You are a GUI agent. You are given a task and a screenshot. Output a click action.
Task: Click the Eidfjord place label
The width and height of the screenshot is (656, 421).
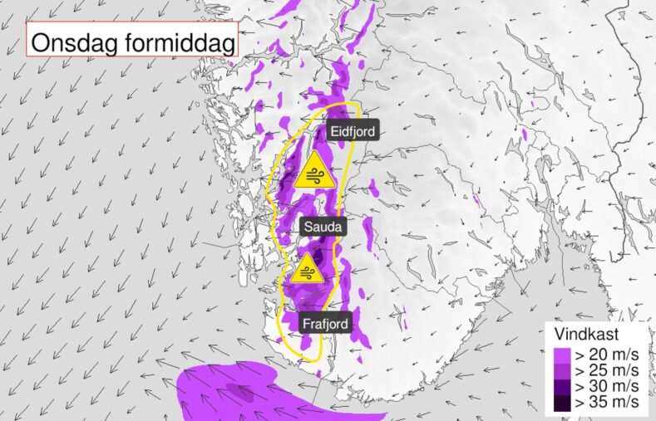coord(353,131)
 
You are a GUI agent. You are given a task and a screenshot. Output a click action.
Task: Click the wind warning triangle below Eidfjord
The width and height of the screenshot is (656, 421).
coord(314,172)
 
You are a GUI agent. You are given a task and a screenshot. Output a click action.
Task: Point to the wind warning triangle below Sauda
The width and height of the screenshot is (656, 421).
coord(308,272)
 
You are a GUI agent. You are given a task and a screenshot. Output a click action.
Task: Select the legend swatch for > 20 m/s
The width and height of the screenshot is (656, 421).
coord(560,355)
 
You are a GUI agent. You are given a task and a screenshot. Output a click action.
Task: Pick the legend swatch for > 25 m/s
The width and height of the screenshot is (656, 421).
coord(560,370)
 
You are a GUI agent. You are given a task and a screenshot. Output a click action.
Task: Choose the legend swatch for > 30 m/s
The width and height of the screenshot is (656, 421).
coord(560,386)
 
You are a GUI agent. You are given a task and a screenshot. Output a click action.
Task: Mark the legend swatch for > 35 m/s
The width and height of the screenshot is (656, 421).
coord(560,402)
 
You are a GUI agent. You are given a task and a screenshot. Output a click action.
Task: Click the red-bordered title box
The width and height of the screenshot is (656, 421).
coord(132,40)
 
